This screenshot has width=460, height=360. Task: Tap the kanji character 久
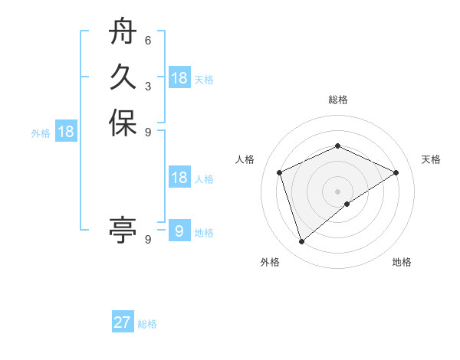click(123, 77)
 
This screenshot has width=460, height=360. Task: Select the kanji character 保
click(123, 123)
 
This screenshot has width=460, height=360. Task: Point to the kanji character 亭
click(123, 229)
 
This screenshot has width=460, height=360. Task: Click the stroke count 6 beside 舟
click(148, 41)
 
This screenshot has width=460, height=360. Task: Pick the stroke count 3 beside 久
click(148, 87)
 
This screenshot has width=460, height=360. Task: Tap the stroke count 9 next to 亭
click(148, 239)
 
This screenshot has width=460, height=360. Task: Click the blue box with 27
click(123, 322)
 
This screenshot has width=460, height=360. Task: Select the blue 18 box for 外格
click(67, 132)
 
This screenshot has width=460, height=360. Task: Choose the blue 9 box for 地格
click(179, 231)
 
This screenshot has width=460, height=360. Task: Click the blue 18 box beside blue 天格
click(179, 78)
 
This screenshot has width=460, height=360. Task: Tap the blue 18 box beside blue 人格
click(179, 178)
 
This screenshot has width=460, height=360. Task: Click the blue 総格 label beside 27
click(147, 324)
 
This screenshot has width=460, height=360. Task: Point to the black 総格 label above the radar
click(338, 100)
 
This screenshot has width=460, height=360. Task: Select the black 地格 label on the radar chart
click(402, 262)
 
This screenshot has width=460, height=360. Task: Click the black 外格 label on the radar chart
click(270, 262)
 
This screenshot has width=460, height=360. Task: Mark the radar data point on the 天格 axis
click(396, 172)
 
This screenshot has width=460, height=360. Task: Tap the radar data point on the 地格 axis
click(347, 204)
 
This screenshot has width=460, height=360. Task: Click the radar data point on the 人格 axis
click(280, 172)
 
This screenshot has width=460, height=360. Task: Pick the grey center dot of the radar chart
click(338, 191)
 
